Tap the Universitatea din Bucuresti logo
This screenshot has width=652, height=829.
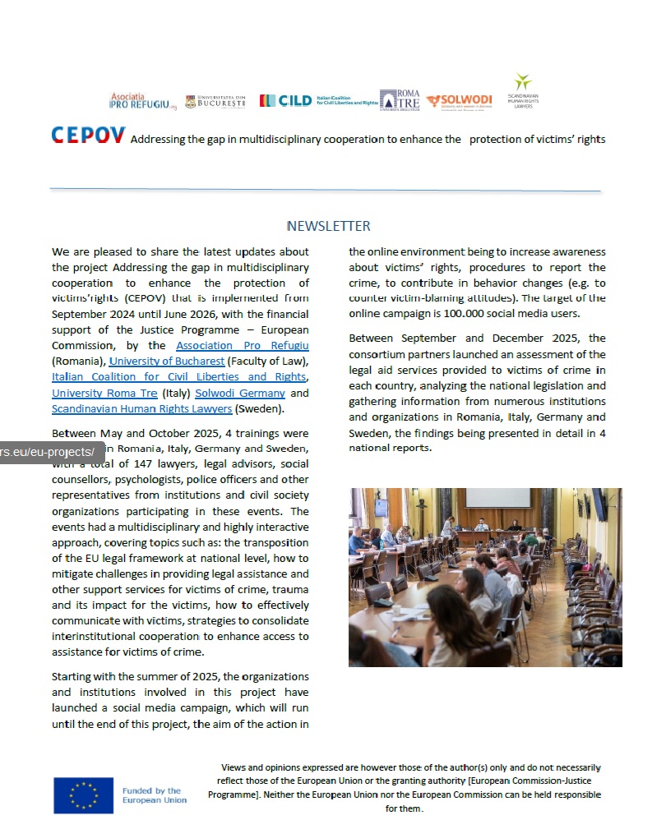[x=215, y=102]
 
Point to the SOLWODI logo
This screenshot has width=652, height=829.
[x=459, y=101]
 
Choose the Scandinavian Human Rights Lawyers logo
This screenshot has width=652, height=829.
[x=521, y=91]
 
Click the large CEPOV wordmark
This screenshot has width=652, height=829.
[x=88, y=136]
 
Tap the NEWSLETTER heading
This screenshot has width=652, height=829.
[x=328, y=226]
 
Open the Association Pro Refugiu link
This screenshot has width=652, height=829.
[x=243, y=346]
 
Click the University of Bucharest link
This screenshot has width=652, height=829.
[x=166, y=362]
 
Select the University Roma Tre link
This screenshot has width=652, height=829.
[x=104, y=393]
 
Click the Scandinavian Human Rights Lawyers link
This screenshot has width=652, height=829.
[x=141, y=408]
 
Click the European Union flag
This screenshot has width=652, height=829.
[x=83, y=795]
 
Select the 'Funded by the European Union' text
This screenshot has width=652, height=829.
[x=154, y=795]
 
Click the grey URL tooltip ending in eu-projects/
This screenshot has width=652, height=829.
[x=51, y=452]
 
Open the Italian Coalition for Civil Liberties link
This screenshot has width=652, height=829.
[x=178, y=377]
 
